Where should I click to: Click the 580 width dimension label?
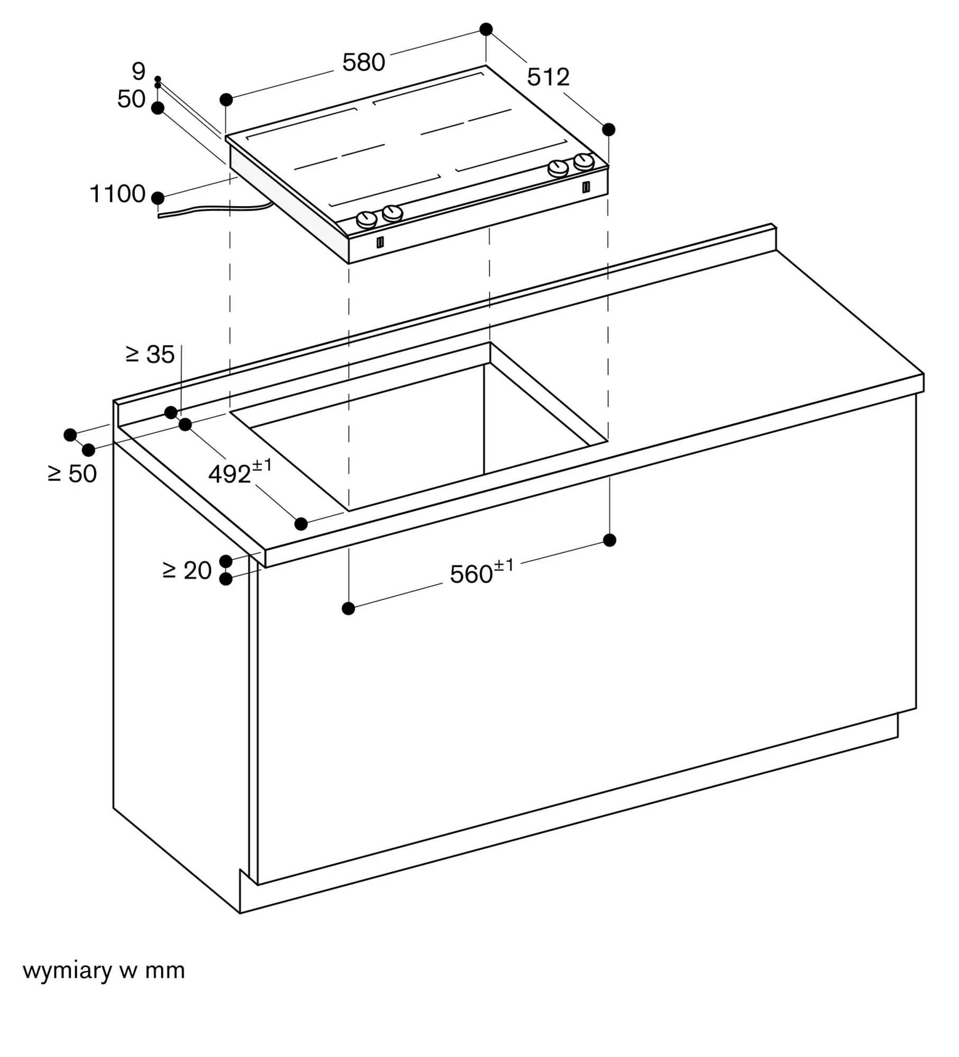363,63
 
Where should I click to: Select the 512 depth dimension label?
548,77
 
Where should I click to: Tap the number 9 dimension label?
139,71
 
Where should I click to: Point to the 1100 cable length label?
117,194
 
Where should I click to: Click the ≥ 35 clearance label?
150,355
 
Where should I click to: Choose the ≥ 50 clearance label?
72,474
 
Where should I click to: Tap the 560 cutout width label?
482,572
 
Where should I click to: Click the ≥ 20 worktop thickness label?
187,571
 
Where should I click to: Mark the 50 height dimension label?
131,99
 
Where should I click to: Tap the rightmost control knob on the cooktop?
584,161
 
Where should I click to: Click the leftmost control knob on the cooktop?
366,219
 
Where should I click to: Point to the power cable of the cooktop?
214,209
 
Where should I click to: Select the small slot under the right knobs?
586,187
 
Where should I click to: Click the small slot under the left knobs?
380,243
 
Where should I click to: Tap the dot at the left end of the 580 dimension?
226,99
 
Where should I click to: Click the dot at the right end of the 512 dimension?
608,129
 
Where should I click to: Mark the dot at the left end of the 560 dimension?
348,609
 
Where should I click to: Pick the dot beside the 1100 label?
158,198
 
